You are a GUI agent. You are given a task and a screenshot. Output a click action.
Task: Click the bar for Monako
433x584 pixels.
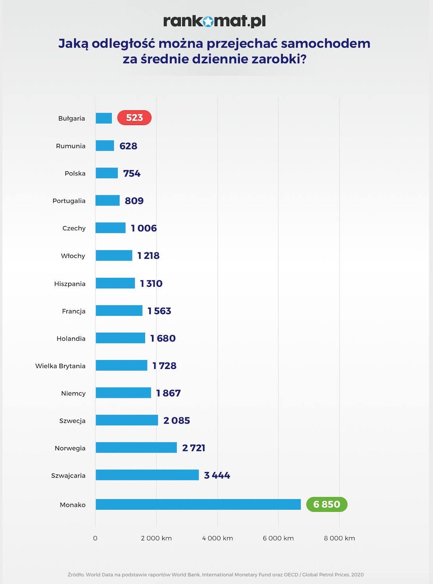(198, 504)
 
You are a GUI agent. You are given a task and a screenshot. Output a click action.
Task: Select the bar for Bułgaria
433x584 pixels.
(104, 118)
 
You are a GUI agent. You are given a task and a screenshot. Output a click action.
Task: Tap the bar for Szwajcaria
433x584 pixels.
(147, 475)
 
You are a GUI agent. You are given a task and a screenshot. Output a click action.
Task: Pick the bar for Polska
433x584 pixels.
(107, 173)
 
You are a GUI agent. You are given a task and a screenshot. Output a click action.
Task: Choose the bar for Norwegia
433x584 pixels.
(136, 448)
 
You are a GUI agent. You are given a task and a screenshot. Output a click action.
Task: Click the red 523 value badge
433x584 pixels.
(135, 118)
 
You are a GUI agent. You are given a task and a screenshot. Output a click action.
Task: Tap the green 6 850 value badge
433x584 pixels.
(327, 504)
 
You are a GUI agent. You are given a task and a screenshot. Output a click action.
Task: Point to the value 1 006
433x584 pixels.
(144, 228)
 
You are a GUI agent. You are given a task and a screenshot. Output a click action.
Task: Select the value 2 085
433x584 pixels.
(176, 421)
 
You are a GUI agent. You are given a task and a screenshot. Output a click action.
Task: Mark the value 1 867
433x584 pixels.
(169, 393)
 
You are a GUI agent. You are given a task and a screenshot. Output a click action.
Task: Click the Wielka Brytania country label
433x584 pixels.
(60, 366)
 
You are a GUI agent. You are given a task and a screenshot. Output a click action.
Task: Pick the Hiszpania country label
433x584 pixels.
(70, 284)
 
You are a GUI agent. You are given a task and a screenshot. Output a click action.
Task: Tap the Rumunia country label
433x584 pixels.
(71, 146)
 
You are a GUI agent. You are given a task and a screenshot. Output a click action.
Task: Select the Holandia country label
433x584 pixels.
(71, 338)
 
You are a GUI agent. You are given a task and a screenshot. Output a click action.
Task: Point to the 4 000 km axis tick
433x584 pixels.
(217, 538)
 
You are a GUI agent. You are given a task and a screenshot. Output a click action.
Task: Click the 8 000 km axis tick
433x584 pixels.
(339, 538)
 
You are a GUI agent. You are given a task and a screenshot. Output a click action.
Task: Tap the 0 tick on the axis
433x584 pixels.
(95, 538)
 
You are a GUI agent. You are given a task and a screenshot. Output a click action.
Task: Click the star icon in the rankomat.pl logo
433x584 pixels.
(208, 22)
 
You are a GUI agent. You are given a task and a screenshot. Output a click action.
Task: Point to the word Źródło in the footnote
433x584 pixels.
(76, 574)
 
